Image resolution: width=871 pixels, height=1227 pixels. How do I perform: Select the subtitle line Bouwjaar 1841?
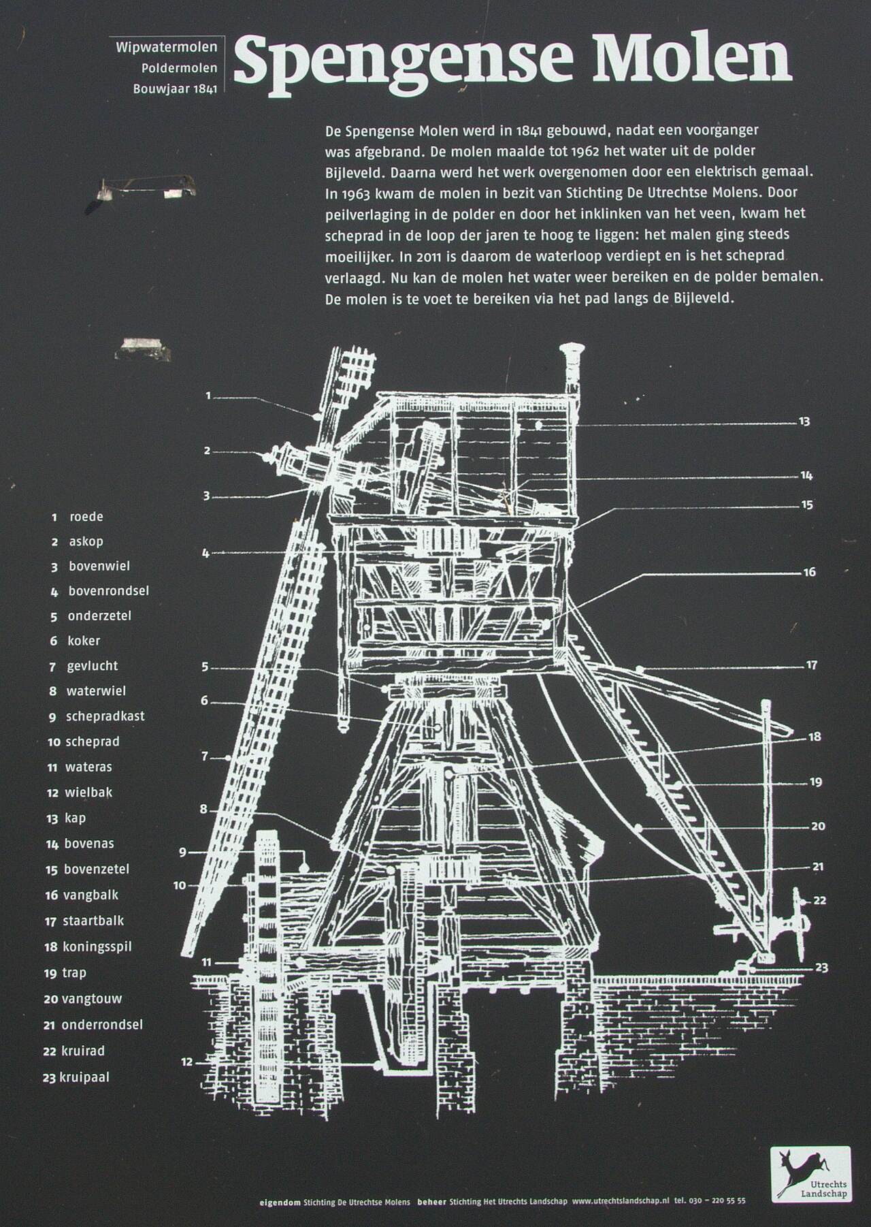[175, 89]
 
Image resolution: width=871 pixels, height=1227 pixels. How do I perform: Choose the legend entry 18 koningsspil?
[88, 946]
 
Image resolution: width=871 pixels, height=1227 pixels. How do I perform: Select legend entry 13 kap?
[67, 818]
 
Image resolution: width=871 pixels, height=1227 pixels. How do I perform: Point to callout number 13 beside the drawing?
[804, 421]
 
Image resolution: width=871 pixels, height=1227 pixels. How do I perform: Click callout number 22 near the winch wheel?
[819, 900]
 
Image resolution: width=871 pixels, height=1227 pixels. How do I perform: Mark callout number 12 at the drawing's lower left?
[187, 1062]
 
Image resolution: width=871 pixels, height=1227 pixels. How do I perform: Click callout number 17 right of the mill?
[811, 665]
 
